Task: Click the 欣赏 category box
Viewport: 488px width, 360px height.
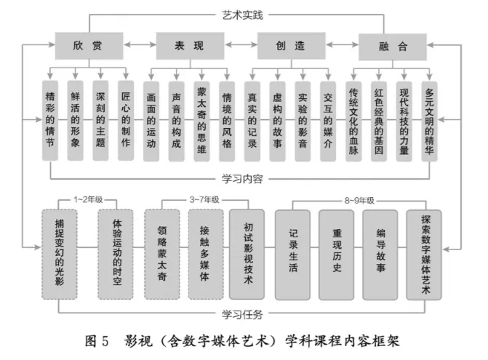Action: tap(89, 46)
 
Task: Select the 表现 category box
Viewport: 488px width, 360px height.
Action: tap(190, 46)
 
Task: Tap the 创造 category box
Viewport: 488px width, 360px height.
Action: tap(292, 46)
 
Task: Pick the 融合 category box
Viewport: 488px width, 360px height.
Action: tap(393, 47)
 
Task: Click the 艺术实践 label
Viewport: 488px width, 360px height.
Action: tap(242, 15)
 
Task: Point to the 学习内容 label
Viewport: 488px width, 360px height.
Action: tap(242, 179)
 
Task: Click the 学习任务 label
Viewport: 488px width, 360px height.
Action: tap(242, 315)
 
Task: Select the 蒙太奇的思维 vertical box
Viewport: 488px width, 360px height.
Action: tap(201, 121)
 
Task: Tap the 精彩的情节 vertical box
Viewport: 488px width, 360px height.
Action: tap(50, 121)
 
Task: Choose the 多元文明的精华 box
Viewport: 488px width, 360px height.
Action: tap(429, 121)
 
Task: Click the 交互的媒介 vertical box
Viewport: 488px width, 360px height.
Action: tap(328, 121)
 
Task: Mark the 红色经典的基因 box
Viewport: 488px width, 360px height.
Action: tap(379, 121)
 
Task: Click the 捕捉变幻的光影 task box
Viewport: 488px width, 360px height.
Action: tap(60, 255)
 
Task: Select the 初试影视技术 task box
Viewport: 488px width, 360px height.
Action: tap(247, 255)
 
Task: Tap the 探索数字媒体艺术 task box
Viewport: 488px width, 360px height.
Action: tap(424, 255)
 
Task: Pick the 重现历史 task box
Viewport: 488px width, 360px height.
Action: tap(337, 255)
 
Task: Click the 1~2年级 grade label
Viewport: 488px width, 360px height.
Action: tap(88, 199)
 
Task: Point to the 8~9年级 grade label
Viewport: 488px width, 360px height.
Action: tap(359, 201)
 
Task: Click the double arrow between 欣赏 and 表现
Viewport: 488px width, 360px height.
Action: tap(140, 45)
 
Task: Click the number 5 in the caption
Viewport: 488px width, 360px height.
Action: tap(105, 341)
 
